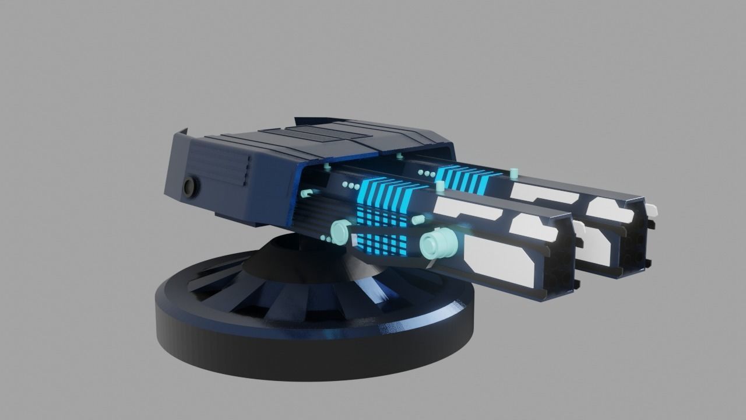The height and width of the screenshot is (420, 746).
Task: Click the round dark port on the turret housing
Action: (190, 187)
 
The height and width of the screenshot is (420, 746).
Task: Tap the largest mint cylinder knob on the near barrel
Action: (437, 245)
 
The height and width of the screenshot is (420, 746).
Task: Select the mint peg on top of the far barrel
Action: (513, 173)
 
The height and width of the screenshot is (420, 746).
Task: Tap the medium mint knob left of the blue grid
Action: (338, 233)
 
